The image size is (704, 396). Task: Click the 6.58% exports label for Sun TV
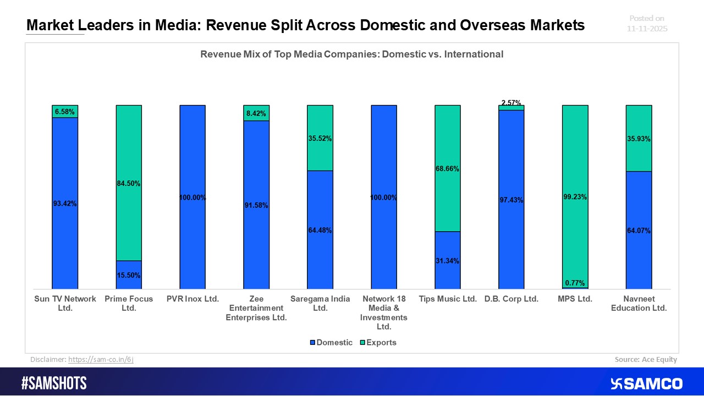(x=65, y=112)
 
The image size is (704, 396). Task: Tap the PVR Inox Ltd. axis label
(x=193, y=299)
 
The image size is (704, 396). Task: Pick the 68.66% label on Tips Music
(x=448, y=169)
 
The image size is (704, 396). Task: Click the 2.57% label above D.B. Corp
(x=512, y=103)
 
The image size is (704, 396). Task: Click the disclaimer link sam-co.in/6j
(x=101, y=359)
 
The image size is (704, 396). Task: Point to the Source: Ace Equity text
(x=646, y=359)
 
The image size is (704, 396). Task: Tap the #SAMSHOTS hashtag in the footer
(x=54, y=383)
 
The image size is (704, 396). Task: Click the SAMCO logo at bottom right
(x=646, y=383)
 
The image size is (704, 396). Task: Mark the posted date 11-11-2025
(x=647, y=29)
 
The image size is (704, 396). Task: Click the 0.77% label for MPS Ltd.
(x=575, y=283)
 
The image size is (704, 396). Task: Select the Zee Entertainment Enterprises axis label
(x=256, y=308)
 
